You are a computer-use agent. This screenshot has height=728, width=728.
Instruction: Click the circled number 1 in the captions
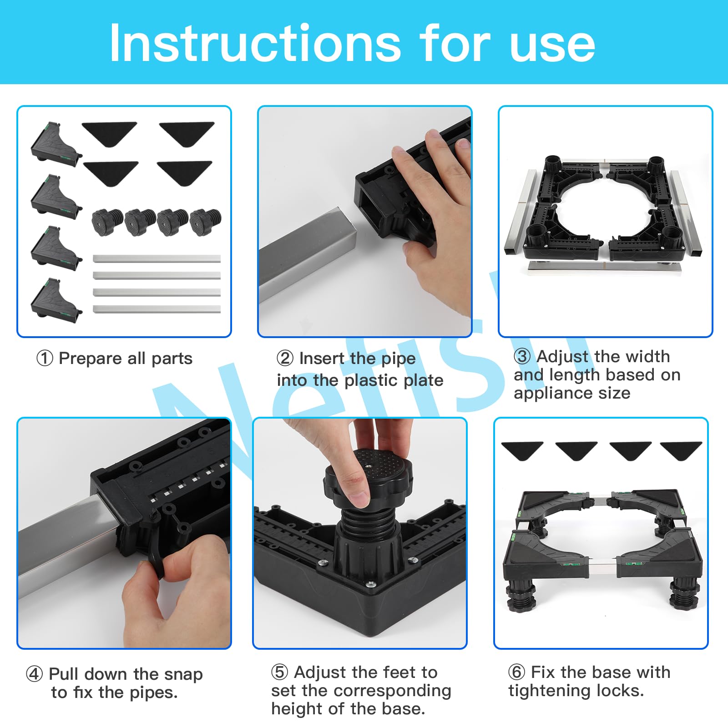click(45, 359)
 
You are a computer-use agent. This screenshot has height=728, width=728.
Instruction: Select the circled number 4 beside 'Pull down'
click(34, 674)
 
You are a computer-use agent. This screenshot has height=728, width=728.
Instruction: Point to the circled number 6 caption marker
click(516, 672)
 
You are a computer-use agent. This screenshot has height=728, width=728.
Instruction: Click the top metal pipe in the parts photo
click(157, 259)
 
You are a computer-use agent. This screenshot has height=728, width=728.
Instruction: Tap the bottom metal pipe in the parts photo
click(157, 309)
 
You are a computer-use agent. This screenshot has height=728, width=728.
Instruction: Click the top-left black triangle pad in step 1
click(109, 133)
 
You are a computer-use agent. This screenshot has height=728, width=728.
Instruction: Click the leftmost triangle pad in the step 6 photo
click(522, 450)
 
